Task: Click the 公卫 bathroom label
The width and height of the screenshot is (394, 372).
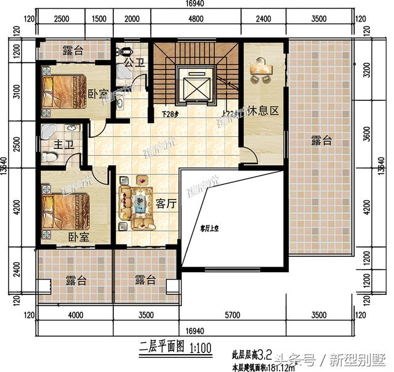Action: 133,62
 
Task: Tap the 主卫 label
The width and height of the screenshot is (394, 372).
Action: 49,146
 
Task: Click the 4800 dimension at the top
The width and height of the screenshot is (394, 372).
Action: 195,18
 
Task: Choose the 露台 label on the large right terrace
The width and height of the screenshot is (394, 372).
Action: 321,141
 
